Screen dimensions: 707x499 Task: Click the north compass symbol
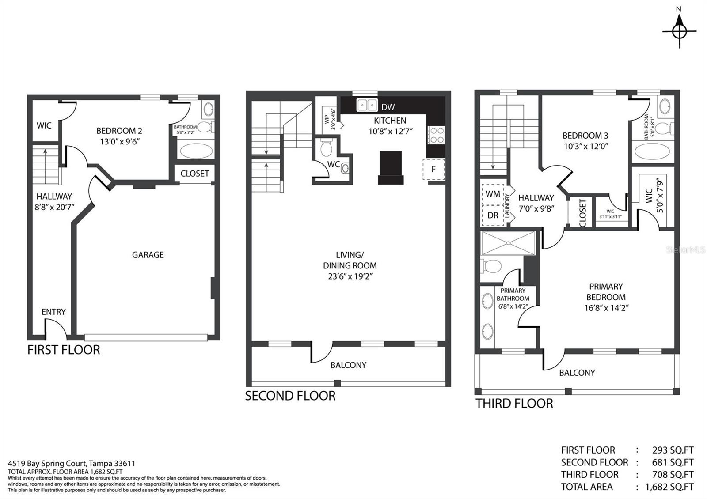click(680, 31)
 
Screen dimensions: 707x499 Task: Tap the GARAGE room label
click(148, 255)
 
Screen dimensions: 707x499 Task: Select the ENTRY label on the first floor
click(53, 312)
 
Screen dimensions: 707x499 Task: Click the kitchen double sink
click(367, 104)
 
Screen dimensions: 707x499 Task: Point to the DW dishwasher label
click(388, 107)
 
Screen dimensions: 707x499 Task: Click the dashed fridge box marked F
click(433, 170)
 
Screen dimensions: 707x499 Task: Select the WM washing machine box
click(493, 194)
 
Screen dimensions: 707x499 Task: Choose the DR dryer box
click(493, 215)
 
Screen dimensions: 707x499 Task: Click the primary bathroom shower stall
click(508, 243)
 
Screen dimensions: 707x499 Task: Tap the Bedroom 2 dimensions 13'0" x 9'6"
click(120, 142)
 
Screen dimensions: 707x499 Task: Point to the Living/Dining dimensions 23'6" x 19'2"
click(350, 276)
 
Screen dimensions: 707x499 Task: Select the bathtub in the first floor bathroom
click(196, 151)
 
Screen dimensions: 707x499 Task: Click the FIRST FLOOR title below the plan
click(64, 350)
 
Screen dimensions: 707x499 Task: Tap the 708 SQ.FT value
click(673, 474)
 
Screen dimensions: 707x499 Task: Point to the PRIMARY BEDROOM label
click(606, 292)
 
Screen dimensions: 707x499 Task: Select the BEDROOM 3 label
click(585, 136)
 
